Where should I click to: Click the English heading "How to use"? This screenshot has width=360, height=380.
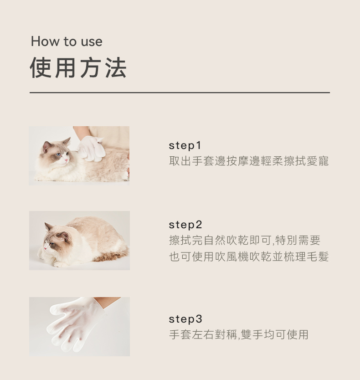point(67,41)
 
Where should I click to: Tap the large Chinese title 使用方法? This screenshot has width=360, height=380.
point(78,68)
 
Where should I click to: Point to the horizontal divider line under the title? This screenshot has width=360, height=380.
point(180,92)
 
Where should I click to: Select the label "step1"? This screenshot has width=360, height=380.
point(185,146)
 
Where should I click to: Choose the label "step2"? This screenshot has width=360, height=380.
point(185,225)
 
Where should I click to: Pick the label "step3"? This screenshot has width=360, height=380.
point(185,319)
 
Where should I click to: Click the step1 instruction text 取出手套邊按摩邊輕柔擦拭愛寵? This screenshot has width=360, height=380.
point(249,161)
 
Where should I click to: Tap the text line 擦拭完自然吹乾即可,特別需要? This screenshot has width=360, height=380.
point(245,240)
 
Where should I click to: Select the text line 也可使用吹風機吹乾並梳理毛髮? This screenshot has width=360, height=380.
point(249,257)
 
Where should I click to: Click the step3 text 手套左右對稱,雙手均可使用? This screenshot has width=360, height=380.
point(238,335)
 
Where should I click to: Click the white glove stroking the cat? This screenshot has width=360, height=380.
point(92,149)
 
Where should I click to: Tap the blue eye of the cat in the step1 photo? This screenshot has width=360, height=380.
point(58,154)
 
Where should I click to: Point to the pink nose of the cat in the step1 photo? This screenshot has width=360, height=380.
point(66,160)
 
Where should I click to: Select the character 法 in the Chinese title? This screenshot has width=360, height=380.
point(116,68)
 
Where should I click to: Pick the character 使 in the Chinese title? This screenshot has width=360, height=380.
point(41,68)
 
